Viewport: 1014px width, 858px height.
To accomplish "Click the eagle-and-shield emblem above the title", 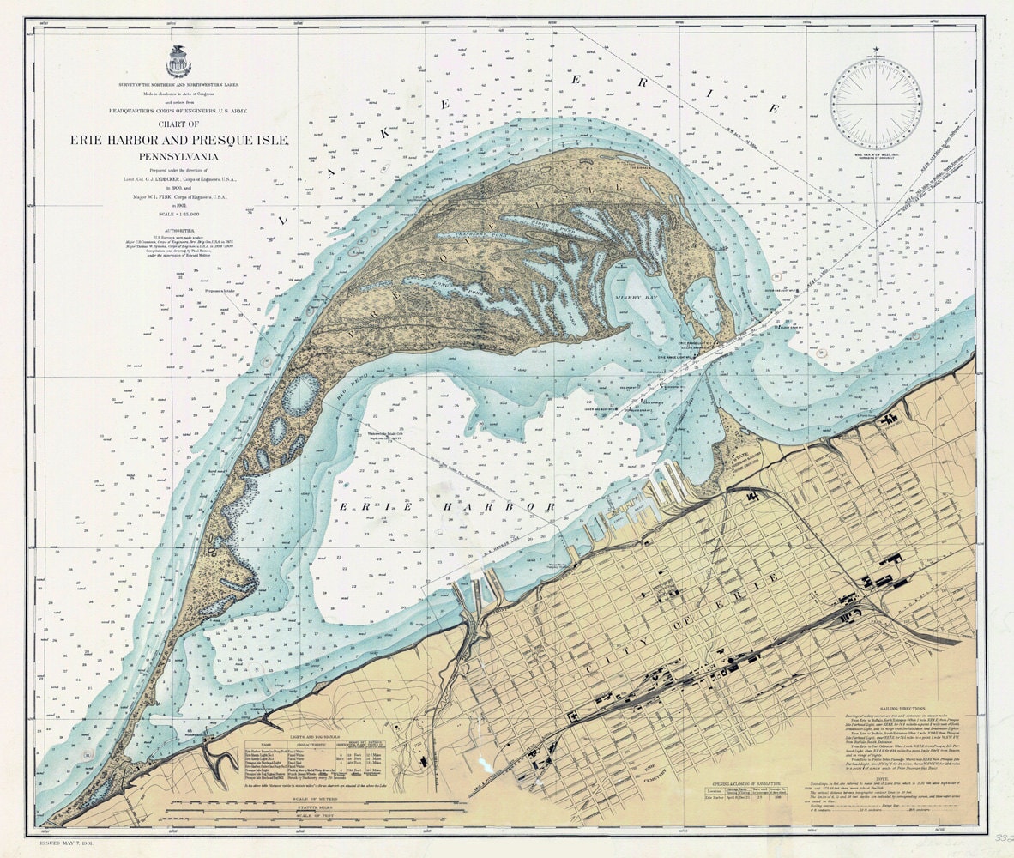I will click(x=178, y=61).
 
